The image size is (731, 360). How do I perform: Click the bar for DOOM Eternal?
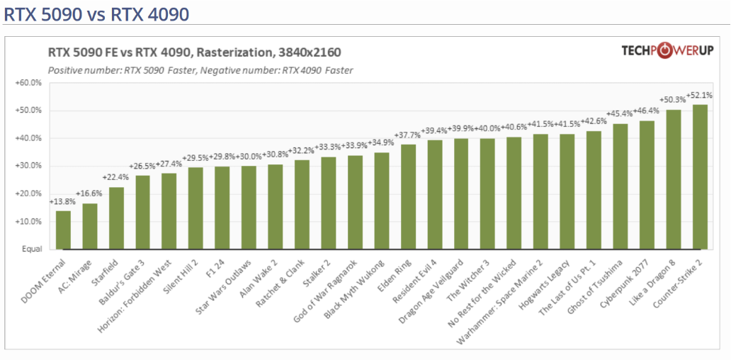click(63, 230)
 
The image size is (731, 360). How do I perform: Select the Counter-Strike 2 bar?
click(700, 177)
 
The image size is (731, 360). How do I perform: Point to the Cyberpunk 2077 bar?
click(647, 185)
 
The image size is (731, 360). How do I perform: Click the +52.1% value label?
click(699, 96)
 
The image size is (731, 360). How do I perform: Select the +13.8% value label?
click(62, 202)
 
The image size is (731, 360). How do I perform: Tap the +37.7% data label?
click(408, 135)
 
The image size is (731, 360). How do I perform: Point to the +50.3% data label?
click(673, 100)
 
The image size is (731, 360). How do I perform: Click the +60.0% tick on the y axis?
click(29, 83)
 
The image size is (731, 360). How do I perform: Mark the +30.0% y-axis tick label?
click(29, 167)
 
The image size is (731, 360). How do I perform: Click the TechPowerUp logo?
click(667, 51)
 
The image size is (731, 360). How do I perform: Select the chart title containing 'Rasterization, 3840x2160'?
click(194, 52)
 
